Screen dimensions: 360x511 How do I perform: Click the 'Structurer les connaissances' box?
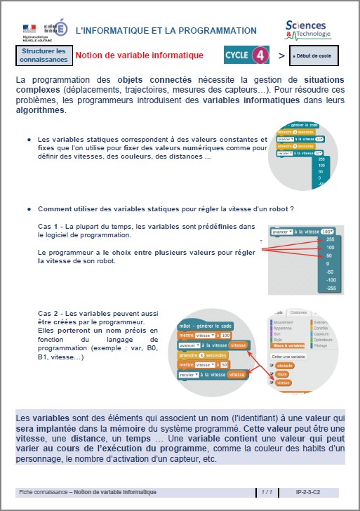pos(43,55)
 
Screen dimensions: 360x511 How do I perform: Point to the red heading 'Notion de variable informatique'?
pos(139,55)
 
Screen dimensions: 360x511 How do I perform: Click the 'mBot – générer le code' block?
pos(206,326)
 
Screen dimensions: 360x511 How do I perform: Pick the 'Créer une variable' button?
pos(288,357)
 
